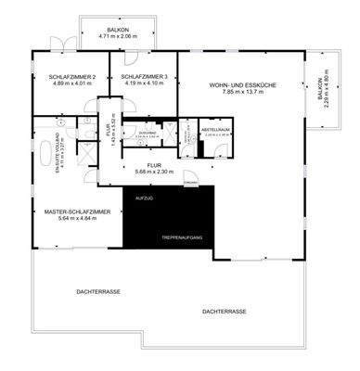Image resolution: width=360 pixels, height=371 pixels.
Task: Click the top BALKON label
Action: click(x=118, y=30)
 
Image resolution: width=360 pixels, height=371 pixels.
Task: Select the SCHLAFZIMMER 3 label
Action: click(x=144, y=77)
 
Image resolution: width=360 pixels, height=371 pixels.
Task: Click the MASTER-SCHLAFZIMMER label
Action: click(x=77, y=212)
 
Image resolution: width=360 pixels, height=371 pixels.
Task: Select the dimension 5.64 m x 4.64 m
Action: click(x=77, y=219)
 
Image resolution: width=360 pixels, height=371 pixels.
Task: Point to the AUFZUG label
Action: click(x=143, y=199)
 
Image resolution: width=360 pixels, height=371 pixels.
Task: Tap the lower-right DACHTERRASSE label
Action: click(x=224, y=312)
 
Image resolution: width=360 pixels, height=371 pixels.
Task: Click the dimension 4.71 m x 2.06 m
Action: click(x=118, y=37)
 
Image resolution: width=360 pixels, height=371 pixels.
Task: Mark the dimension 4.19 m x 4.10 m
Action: click(x=144, y=83)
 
